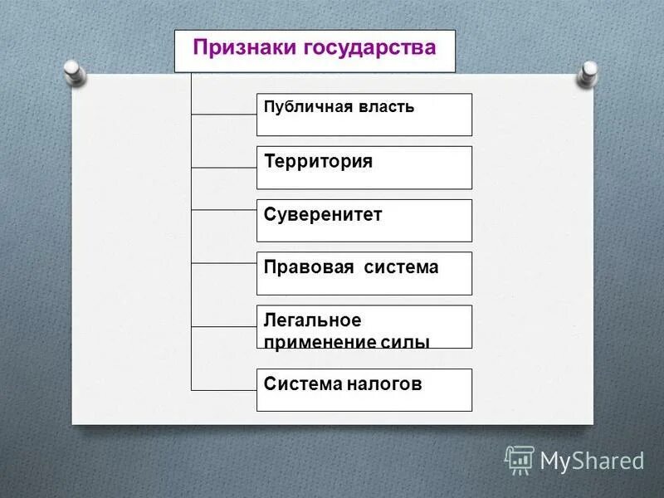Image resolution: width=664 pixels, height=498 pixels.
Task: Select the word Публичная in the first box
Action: coord(303,108)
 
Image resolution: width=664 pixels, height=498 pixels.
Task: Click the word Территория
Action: coord(319,161)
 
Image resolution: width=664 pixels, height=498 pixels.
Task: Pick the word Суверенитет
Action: coord(323,214)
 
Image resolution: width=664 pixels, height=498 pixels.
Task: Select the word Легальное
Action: coord(301,320)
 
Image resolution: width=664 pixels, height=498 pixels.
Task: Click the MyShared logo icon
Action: coord(519,460)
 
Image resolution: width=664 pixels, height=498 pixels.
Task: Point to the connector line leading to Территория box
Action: coord(224,168)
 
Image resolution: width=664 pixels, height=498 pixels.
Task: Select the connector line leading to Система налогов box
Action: coord(224,389)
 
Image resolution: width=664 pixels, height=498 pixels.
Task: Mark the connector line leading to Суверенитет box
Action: coord(224,209)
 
